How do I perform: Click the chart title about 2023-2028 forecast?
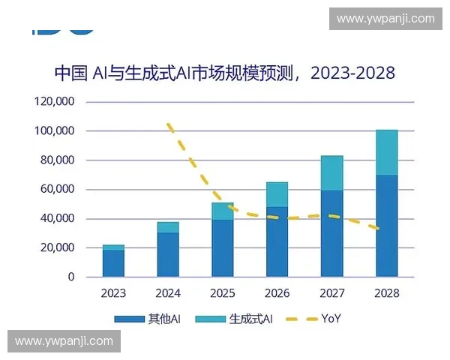[x=224, y=73]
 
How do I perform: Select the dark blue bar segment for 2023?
[x=113, y=263]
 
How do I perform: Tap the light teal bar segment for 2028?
[x=387, y=152]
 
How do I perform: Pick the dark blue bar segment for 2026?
[x=277, y=241]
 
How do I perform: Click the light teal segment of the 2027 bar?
[x=332, y=173]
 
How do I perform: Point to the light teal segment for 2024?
[x=168, y=227]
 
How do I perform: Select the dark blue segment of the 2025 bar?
[x=223, y=248]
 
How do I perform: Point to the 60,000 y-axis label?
[x=57, y=190]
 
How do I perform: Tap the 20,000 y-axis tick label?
[x=57, y=248]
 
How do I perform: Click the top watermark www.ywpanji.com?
[x=385, y=18]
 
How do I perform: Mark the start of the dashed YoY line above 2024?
[x=169, y=124]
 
